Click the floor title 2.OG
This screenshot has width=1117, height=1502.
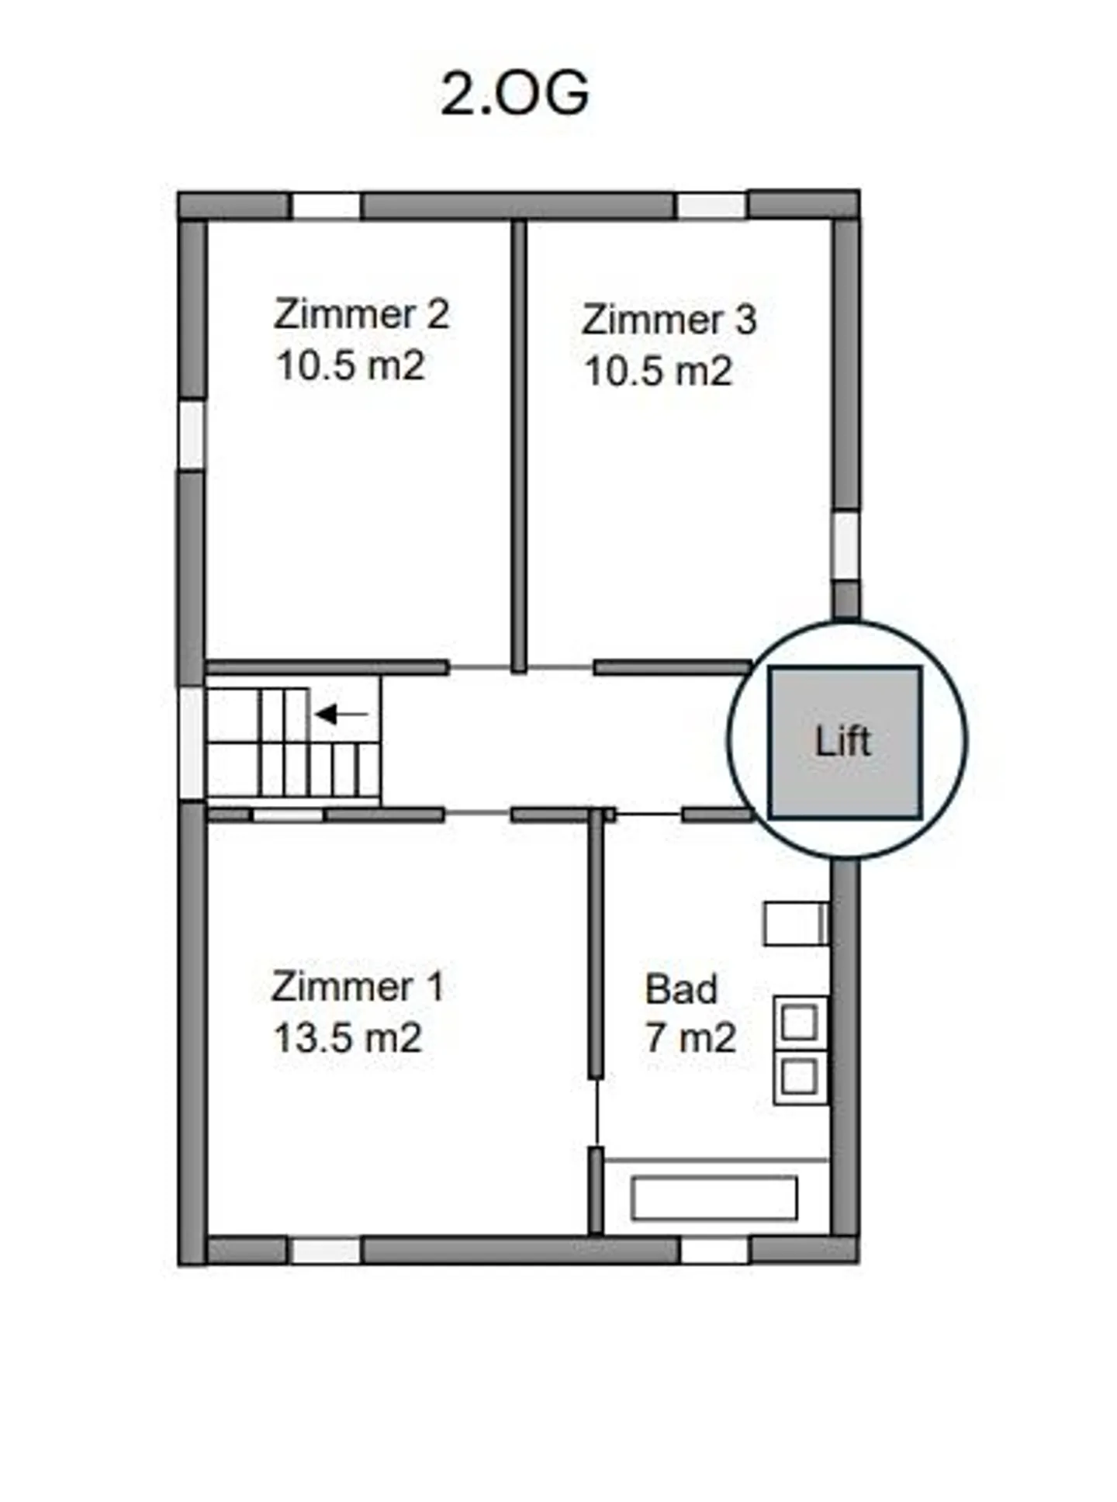pyautogui.click(x=515, y=94)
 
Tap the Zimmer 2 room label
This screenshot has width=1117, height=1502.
pyautogui.click(x=361, y=314)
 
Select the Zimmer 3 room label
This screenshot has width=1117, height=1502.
pyautogui.click(x=669, y=320)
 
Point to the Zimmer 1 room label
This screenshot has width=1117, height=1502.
pyautogui.click(x=358, y=987)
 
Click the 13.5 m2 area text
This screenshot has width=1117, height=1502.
pyautogui.click(x=348, y=1038)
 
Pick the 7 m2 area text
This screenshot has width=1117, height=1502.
pyautogui.click(x=690, y=1038)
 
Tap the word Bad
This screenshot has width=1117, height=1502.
pyautogui.click(x=681, y=989)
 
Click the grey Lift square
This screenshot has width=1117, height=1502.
pyautogui.click(x=845, y=742)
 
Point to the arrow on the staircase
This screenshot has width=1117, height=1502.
pyautogui.click(x=341, y=714)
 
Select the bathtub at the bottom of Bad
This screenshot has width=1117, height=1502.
pyautogui.click(x=714, y=1198)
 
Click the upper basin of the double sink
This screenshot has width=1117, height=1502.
pyautogui.click(x=800, y=1022)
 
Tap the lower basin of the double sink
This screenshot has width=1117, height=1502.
pyautogui.click(x=800, y=1077)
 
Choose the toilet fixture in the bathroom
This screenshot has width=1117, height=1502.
pyautogui.click(x=795, y=923)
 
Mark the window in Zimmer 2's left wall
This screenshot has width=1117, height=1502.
pyautogui.click(x=192, y=434)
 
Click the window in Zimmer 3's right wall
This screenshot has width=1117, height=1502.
pyautogui.click(x=846, y=545)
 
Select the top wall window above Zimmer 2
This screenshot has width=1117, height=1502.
pyautogui.click(x=326, y=206)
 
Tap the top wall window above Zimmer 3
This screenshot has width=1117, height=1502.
pyautogui.click(x=711, y=206)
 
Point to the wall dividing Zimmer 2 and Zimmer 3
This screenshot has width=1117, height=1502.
pyautogui.click(x=519, y=446)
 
